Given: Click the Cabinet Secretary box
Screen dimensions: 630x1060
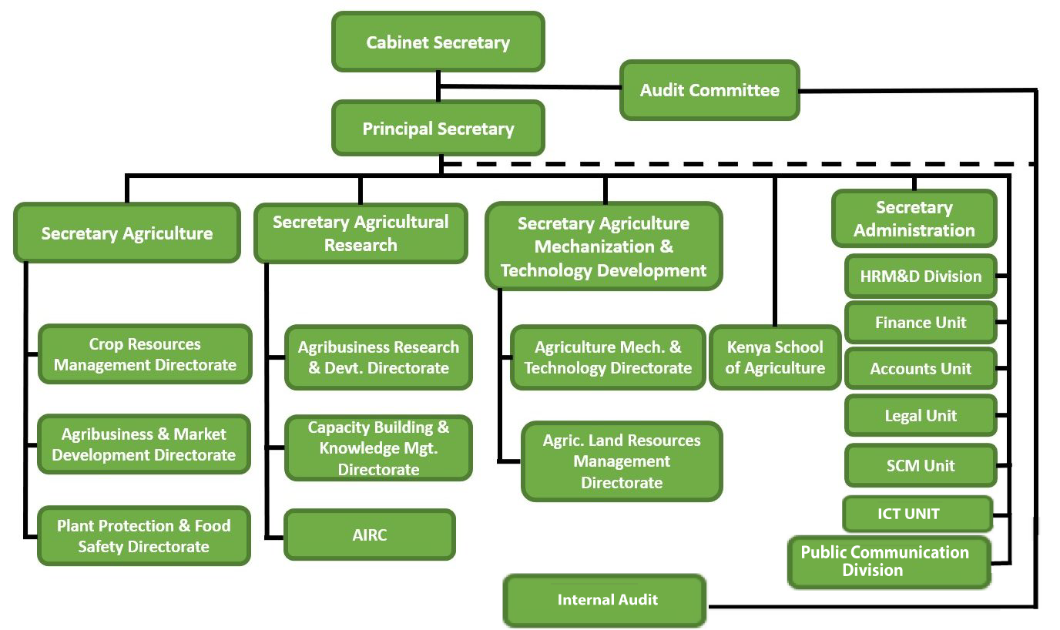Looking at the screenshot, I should pos(438,42).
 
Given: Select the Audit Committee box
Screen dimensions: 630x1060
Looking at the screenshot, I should pos(709,90).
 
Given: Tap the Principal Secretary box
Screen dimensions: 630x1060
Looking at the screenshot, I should pos(438,129).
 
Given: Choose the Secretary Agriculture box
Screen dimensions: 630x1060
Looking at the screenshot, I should pos(127,233).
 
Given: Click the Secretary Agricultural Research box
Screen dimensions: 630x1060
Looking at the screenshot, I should pos(361,233).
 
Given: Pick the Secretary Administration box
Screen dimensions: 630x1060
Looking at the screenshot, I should pos(914,219).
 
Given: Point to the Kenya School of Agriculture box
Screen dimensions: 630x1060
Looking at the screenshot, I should pos(774,357).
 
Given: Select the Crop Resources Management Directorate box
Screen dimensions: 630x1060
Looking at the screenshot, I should pos(145,354).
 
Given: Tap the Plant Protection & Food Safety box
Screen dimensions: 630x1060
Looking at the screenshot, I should pos(144,536).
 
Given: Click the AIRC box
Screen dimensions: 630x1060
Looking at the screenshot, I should pos(370,535).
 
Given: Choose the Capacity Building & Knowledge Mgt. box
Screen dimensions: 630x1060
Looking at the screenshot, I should pos(378,448).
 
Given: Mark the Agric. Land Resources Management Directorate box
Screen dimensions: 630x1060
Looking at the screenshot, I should pos(622,461).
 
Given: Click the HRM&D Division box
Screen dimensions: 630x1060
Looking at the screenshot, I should pos(921,276).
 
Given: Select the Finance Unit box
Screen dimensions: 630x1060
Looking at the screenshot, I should pos(921,323).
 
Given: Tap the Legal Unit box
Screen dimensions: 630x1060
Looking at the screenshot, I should pos(921,416).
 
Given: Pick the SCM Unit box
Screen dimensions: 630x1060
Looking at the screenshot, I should pos(921,465).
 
